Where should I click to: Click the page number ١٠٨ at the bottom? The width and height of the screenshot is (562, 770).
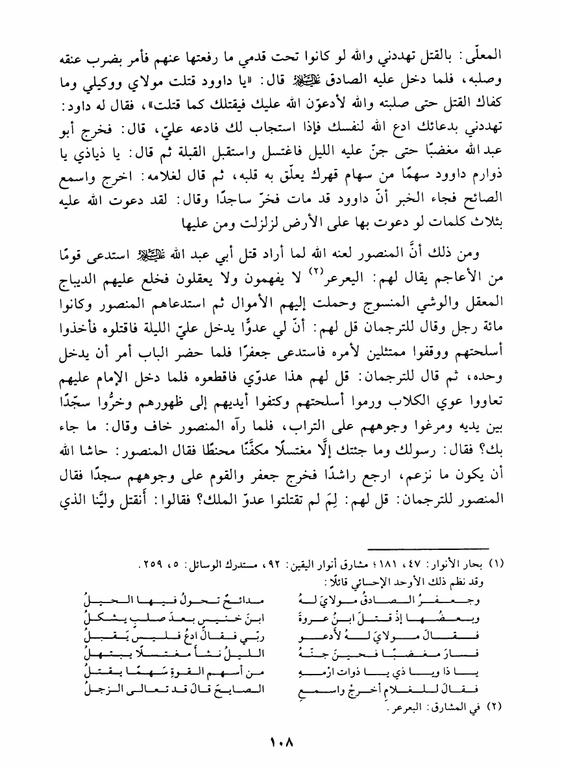point(280,739)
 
